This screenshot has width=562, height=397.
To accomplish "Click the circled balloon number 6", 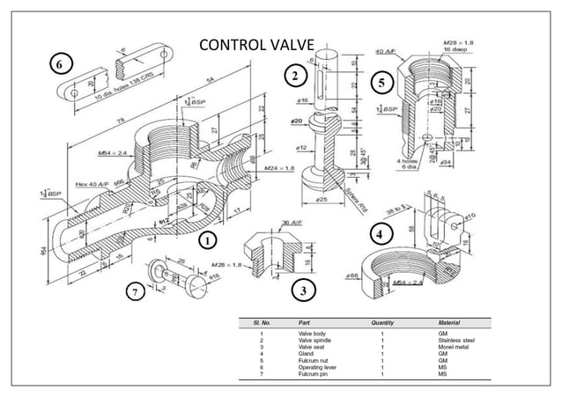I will [x=59, y=64].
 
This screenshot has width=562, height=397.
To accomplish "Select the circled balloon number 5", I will [x=381, y=83].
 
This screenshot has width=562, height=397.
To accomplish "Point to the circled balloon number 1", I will [x=206, y=239].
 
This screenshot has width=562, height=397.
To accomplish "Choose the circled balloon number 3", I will [x=302, y=289].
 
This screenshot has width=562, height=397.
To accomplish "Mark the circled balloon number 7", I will [x=137, y=292].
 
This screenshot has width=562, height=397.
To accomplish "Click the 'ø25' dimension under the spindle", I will [x=324, y=201].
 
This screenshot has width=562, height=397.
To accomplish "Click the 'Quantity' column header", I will [x=382, y=323].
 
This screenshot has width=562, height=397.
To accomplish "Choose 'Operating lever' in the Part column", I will [x=318, y=365].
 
